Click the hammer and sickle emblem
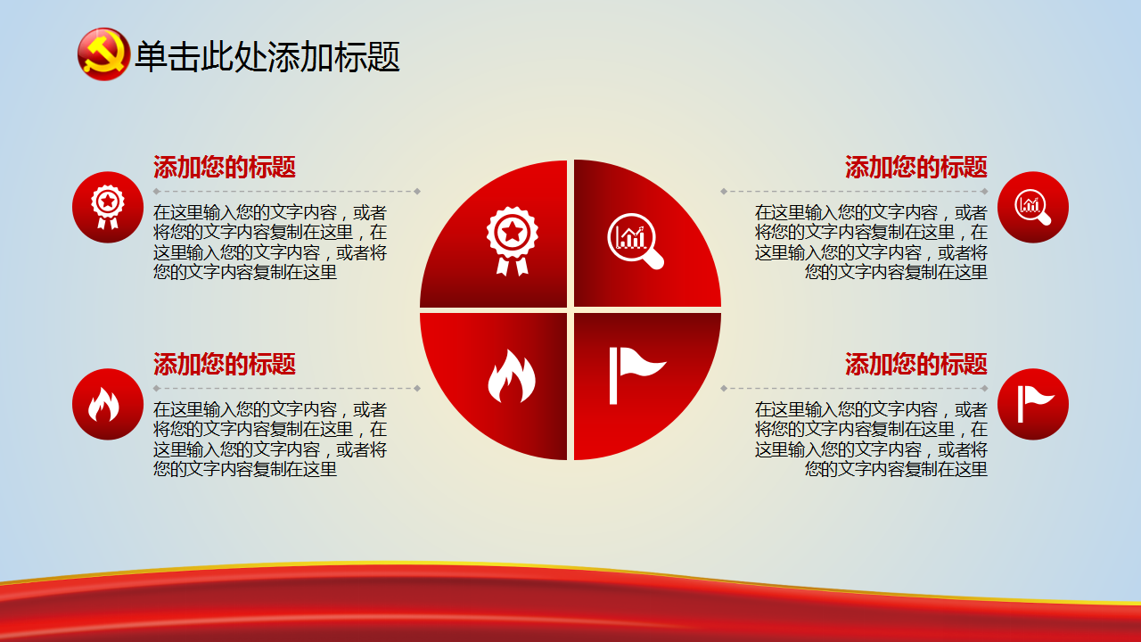[103, 54]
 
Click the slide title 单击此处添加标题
[267, 56]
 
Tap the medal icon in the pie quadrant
[512, 241]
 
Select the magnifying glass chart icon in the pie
[636, 241]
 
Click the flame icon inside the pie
[512, 376]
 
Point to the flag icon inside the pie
[637, 375]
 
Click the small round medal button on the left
[108, 207]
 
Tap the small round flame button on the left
[108, 404]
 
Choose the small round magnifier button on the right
[1032, 207]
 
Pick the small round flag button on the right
[1032, 404]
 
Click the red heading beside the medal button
[224, 167]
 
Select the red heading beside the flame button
[224, 365]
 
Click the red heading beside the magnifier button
[915, 167]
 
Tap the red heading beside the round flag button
[915, 365]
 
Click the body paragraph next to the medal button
[270, 242]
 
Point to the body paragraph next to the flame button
[270, 440]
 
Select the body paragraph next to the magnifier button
[871, 242]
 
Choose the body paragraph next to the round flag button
[871, 440]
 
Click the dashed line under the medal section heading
[287, 192]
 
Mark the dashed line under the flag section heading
[854, 388]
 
